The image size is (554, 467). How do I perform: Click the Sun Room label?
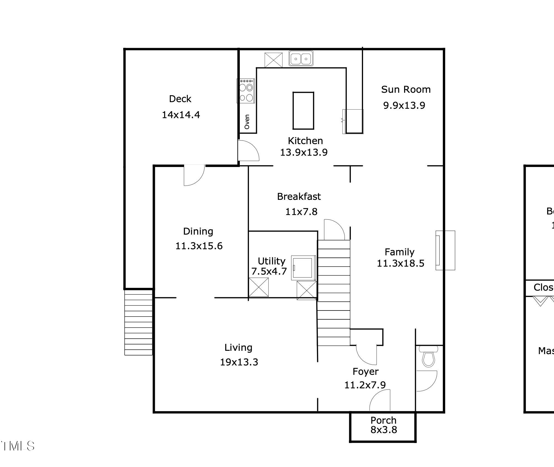point(406,89)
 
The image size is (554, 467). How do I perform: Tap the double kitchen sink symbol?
point(301,59)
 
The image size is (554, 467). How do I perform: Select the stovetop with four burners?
point(246,91)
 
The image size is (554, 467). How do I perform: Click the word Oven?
point(247,122)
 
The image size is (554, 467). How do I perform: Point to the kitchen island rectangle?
point(303,110)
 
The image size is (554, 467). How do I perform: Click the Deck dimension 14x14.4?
point(181,115)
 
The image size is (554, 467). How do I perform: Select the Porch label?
point(383,420)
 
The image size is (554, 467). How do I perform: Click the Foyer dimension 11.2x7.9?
point(365,385)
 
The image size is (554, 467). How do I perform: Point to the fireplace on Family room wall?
point(445,250)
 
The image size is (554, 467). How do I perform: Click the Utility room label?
point(271,261)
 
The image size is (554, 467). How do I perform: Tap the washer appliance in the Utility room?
point(303,268)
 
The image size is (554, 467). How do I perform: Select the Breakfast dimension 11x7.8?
point(301,212)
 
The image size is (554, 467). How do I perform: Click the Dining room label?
point(198,231)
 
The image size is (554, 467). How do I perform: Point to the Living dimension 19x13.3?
point(239,362)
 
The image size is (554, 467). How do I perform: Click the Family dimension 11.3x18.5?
point(400,263)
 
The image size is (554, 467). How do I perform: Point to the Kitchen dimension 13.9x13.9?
point(304,152)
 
